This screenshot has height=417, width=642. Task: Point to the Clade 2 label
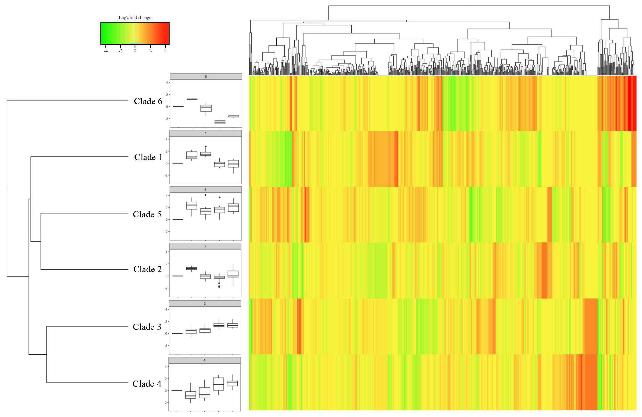(147, 269)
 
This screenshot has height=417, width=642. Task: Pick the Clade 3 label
(147, 327)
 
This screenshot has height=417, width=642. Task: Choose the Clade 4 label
(147, 384)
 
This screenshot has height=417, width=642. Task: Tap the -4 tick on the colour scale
(106, 51)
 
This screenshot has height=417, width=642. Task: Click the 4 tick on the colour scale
(166, 51)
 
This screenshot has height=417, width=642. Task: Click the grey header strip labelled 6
(206, 77)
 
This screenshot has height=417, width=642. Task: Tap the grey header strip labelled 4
(204, 360)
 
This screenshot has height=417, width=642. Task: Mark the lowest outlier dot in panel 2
(219, 287)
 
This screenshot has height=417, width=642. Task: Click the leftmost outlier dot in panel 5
(206, 195)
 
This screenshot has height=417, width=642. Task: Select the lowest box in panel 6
(220, 122)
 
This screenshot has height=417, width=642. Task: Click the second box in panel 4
(191, 395)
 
